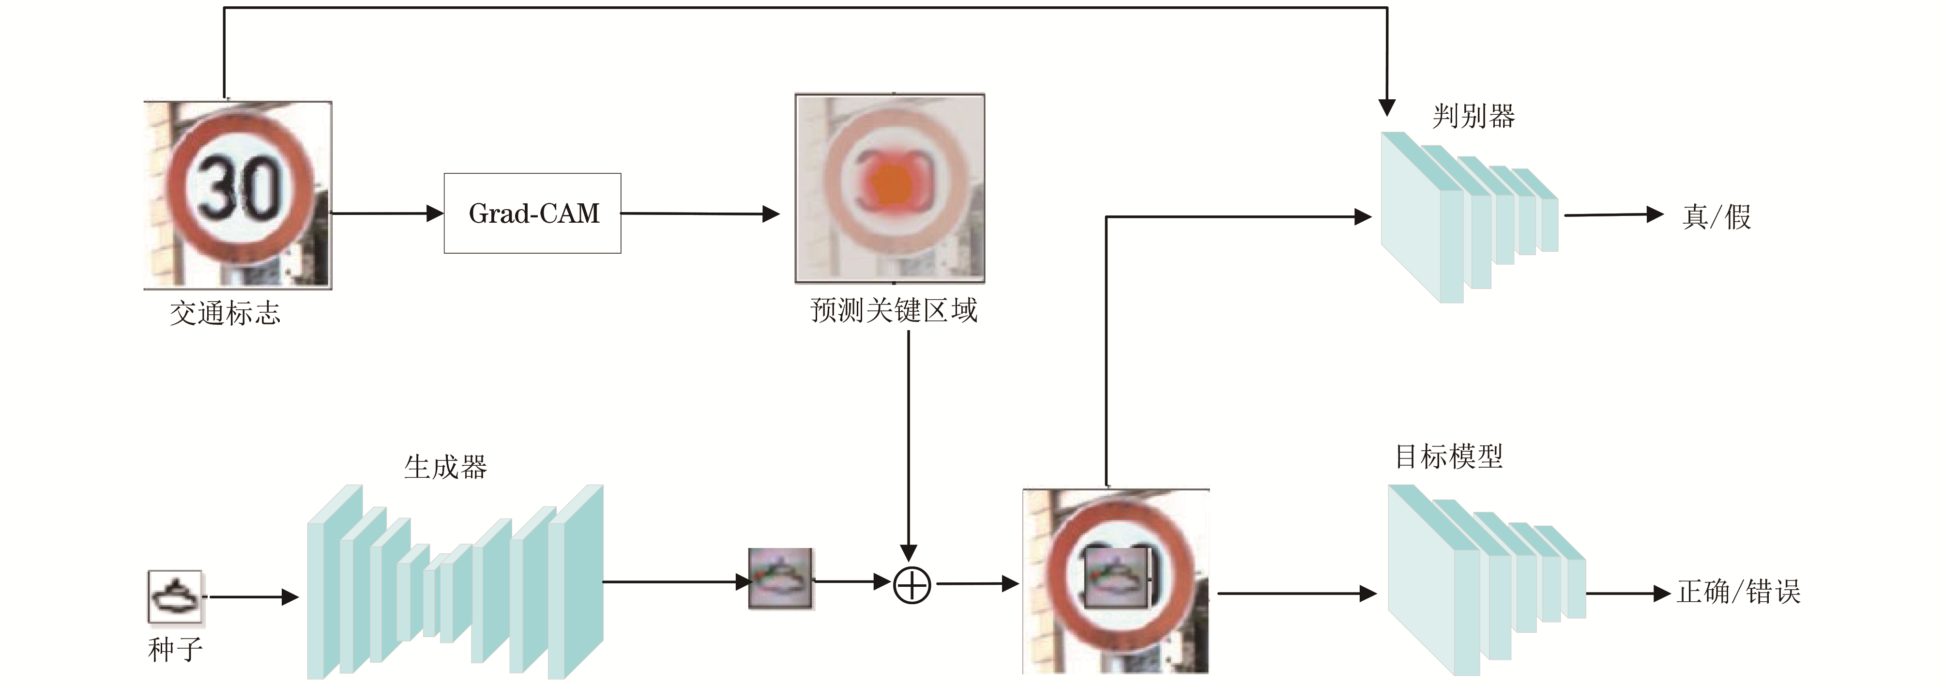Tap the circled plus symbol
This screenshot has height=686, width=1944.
911,585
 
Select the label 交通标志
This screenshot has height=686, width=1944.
225,312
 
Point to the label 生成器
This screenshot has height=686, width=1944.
445,467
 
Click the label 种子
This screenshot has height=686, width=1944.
175,649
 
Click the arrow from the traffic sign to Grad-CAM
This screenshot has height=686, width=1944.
386,213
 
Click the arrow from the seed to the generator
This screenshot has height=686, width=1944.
253,597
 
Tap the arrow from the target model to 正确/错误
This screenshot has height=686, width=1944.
1627,593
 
